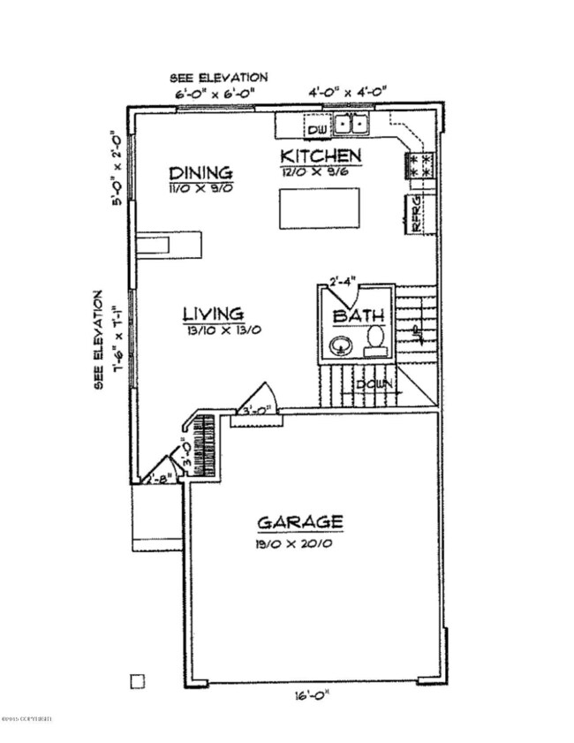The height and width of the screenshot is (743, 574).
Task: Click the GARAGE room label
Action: click(299, 522)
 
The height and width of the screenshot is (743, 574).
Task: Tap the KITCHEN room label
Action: click(321, 156)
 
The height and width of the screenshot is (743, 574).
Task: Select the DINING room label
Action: click(201, 172)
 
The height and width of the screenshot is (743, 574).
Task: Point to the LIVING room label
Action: click(213, 314)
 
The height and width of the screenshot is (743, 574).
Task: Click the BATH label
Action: click(359, 316)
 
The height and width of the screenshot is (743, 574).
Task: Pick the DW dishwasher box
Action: click(317, 131)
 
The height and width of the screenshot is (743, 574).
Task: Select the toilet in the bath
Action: click(375, 339)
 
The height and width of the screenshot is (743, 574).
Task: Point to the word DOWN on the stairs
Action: click(374, 384)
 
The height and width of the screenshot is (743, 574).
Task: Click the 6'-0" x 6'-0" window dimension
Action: click(213, 93)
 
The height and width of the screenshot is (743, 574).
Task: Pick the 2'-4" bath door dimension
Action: click(343, 283)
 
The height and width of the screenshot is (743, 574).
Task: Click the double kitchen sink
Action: click(353, 125)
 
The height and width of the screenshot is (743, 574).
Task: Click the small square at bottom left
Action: click(136, 680)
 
